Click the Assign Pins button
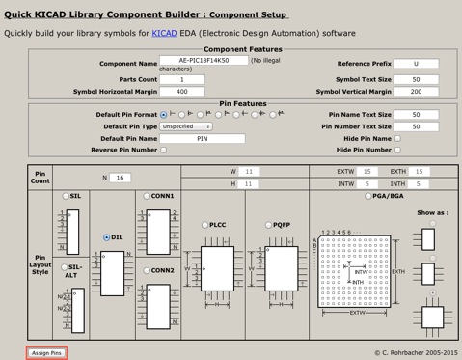coord(46,353)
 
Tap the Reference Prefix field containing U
coord(417,64)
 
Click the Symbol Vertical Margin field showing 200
coord(417,92)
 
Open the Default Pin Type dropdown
coord(186,126)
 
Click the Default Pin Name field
coord(203,138)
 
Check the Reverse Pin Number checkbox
coord(163,150)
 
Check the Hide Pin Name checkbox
coord(398,138)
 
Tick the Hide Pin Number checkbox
coord(398,150)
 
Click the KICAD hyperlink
coord(165,33)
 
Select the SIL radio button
coord(66,196)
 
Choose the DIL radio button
coord(107,237)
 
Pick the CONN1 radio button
coord(147,196)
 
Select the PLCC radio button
coord(204,225)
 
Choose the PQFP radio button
coord(269,225)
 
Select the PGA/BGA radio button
coord(368,196)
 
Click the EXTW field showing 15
coord(367,172)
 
